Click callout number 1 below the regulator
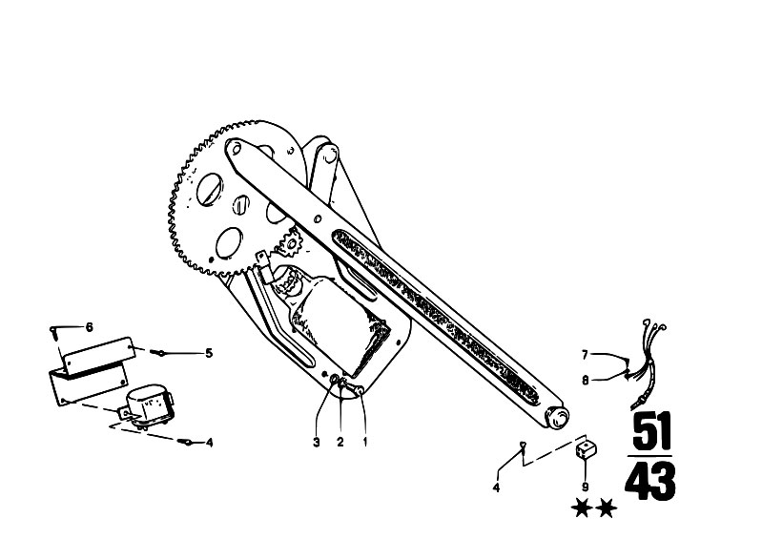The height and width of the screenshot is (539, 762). tap(365, 443)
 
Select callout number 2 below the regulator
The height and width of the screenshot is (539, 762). tap(340, 443)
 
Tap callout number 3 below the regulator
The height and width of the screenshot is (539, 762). tap(317, 443)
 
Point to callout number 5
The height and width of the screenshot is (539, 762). tap(209, 353)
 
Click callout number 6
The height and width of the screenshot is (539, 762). tap(89, 327)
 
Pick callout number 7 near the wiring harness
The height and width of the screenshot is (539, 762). tap(586, 355)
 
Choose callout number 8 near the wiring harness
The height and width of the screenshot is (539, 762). tap(586, 380)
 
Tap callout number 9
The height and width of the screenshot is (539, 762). tap(586, 487)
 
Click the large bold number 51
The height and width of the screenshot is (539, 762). tap(651, 431)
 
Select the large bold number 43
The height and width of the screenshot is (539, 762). tap(650, 480)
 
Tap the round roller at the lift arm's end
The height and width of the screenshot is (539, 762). tap(558, 418)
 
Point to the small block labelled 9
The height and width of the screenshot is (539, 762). tap(587, 449)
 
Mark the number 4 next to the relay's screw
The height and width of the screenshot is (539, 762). tap(210, 443)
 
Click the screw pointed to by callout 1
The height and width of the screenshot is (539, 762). tap(360, 389)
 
